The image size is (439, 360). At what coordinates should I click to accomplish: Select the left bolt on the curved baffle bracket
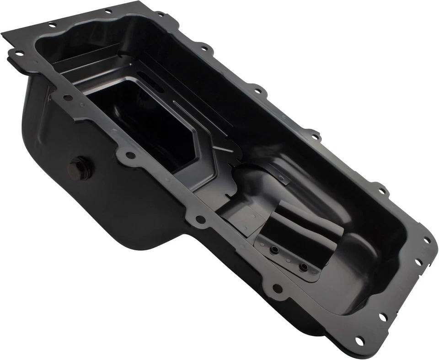pyautogui.click(x=274, y=249)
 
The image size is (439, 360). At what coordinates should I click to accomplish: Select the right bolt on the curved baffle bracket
pyautogui.click(x=302, y=266)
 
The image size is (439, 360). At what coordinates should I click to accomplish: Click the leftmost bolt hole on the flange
pyautogui.click(x=19, y=53)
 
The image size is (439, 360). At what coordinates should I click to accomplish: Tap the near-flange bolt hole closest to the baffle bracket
pyautogui.click(x=277, y=288)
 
